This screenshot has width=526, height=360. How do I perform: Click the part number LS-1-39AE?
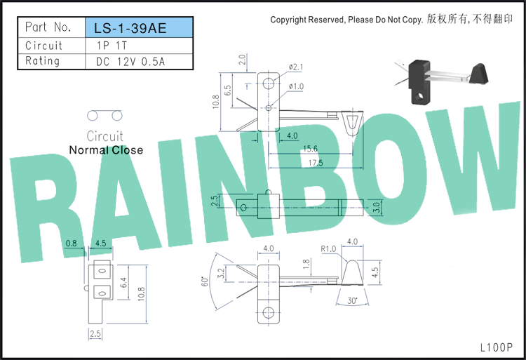click(x=130, y=28)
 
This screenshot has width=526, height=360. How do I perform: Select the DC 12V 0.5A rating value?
click(x=130, y=62)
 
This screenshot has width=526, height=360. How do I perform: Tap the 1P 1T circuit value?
click(x=112, y=46)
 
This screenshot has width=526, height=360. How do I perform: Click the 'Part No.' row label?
click(x=48, y=27)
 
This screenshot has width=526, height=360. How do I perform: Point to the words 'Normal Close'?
click(x=106, y=150)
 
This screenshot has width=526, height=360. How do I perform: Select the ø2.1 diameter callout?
click(x=295, y=67)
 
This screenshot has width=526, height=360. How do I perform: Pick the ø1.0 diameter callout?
click(x=296, y=86)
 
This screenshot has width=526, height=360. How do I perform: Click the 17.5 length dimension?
click(x=316, y=163)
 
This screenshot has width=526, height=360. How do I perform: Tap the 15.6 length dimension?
click(x=310, y=148)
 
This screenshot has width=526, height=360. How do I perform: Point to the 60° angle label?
click(x=205, y=281)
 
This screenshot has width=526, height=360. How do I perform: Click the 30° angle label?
click(x=352, y=300)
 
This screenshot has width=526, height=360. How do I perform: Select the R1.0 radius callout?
click(x=328, y=249)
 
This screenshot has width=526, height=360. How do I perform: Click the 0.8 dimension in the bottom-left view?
click(x=71, y=244)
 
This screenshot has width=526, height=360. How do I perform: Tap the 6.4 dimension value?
click(x=123, y=283)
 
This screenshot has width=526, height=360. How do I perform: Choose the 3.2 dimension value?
click(x=221, y=274)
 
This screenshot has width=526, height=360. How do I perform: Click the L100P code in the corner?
click(x=497, y=347)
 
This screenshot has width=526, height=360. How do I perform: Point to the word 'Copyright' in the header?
click(x=288, y=20)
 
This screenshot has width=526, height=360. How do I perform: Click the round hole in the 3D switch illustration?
click(x=419, y=97)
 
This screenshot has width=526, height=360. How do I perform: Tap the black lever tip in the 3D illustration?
click(x=478, y=73)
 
